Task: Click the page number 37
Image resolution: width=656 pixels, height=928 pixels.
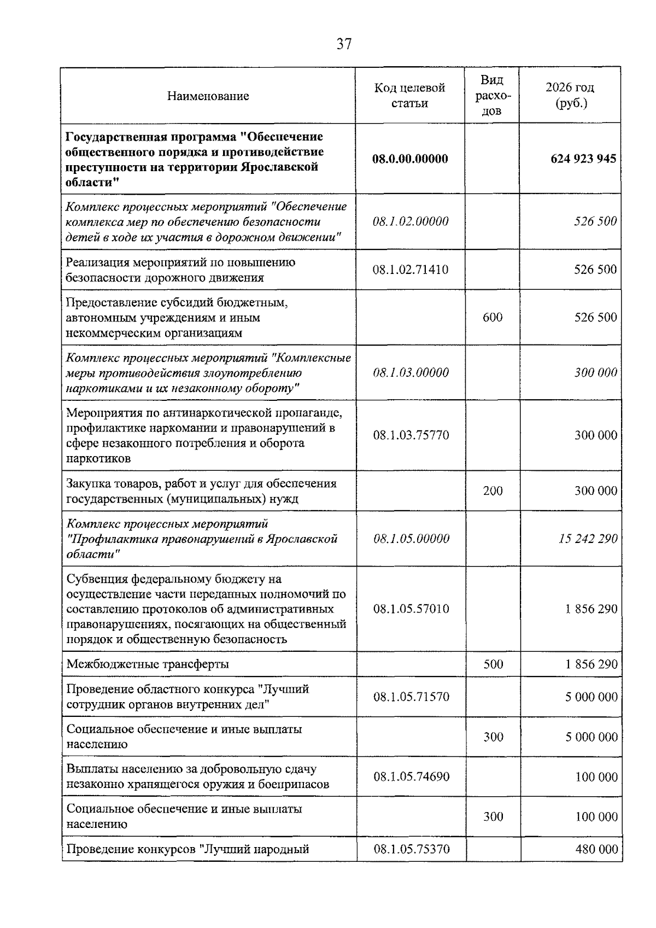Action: (344, 44)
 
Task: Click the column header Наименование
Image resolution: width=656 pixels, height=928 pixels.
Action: (208, 96)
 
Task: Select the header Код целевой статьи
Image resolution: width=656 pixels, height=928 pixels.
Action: (409, 96)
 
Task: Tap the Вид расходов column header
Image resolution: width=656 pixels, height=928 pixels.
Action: (492, 96)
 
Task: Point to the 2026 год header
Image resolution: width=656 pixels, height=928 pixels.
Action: (570, 96)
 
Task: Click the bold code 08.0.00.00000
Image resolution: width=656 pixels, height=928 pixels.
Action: (410, 159)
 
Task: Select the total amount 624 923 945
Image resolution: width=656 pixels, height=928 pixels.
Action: (583, 159)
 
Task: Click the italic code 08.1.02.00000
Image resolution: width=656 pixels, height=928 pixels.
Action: (411, 221)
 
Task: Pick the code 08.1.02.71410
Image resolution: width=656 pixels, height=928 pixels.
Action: (411, 270)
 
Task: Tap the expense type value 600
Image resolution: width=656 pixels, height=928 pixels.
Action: (493, 318)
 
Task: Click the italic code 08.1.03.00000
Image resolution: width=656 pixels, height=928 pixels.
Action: (411, 373)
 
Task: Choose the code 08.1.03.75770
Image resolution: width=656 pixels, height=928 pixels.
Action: (411, 435)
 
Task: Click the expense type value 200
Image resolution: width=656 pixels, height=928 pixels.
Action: (493, 491)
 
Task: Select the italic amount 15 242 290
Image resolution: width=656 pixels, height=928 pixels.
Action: (588, 539)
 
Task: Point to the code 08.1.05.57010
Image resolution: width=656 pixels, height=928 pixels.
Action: (411, 609)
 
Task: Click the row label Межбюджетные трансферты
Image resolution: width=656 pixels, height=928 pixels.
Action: (148, 664)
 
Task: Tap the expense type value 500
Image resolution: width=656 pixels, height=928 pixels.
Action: (493, 664)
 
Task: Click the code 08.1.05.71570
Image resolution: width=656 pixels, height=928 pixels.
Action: (411, 697)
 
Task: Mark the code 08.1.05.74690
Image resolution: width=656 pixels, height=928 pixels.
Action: (411, 777)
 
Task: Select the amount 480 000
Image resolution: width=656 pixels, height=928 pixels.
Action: (596, 849)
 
